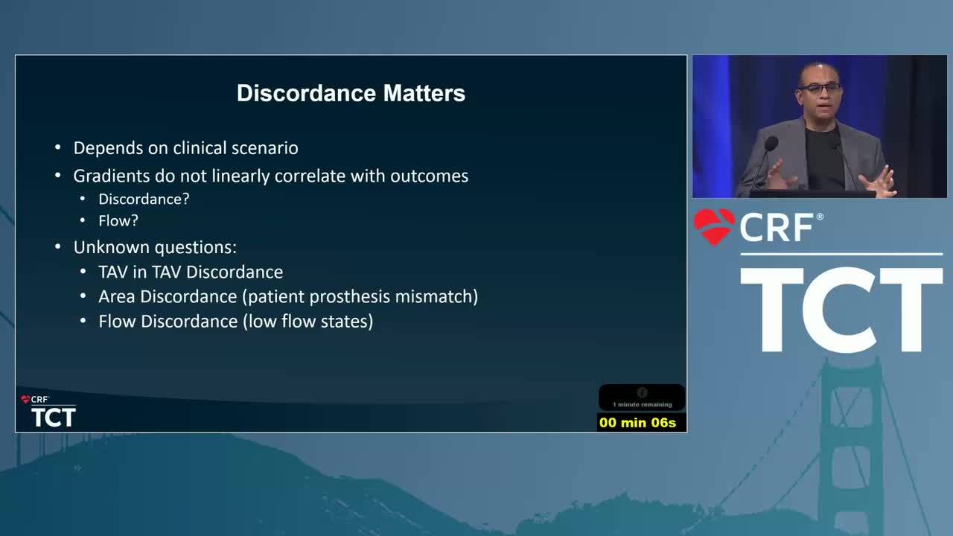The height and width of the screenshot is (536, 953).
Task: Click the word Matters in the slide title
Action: tap(424, 93)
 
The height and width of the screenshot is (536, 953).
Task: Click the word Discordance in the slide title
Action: tap(306, 93)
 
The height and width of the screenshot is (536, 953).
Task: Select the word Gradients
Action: tap(112, 176)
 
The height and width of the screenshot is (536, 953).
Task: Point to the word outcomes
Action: tap(430, 176)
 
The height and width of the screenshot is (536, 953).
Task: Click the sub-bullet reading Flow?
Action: tap(118, 221)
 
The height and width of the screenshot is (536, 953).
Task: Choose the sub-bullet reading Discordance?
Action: tap(144, 199)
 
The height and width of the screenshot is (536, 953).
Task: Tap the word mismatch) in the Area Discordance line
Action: tap(436, 296)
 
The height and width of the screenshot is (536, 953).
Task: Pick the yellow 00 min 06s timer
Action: tap(637, 422)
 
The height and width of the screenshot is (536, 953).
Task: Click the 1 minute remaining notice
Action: tap(643, 404)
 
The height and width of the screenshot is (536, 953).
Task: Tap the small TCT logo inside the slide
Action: tap(54, 417)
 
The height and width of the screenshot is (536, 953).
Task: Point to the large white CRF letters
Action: tap(777, 228)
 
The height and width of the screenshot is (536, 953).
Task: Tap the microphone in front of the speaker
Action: tap(771, 144)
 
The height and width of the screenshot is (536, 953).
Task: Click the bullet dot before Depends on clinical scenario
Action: tap(58, 148)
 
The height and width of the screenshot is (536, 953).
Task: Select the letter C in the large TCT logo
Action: tap(841, 310)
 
